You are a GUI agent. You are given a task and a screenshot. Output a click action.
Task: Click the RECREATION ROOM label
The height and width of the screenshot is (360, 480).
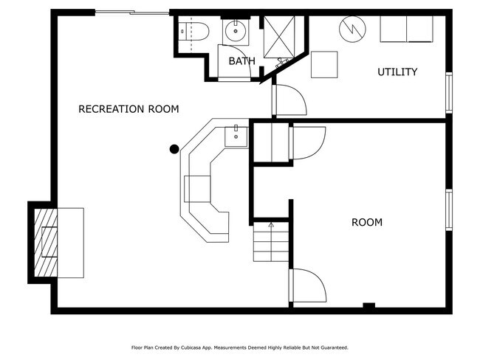(x=128, y=109)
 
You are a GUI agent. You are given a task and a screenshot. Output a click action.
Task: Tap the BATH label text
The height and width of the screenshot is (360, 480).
(x=241, y=61)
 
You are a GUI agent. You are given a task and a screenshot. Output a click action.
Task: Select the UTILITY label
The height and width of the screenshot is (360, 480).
(x=397, y=72)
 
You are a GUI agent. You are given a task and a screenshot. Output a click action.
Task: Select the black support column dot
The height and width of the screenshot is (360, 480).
(x=174, y=149)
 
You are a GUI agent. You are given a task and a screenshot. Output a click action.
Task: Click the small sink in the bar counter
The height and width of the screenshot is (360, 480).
(x=236, y=136)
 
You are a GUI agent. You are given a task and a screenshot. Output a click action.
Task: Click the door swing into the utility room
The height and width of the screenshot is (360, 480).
(x=289, y=100)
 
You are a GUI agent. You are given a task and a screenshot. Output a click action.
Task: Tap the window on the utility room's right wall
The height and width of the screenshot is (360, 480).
(x=448, y=92)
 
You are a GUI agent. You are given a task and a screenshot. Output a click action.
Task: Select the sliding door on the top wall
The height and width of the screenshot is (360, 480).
(x=132, y=13)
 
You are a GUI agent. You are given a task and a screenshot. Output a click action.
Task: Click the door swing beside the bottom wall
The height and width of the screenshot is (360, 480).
(x=307, y=286)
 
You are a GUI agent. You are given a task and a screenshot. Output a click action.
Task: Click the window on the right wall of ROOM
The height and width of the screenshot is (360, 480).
(x=448, y=210)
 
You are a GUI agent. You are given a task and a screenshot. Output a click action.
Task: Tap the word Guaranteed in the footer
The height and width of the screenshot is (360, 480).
(x=331, y=347)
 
